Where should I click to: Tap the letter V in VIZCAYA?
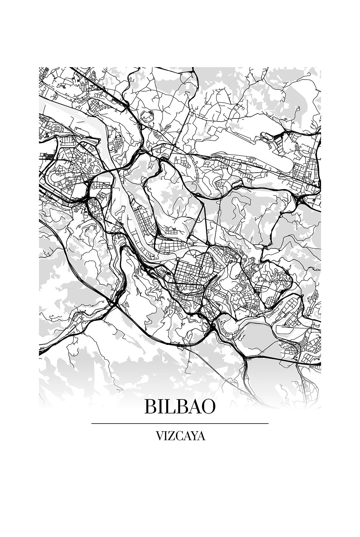pos(160,436)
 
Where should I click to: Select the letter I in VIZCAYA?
pos(166,436)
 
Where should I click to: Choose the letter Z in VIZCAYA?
pos(171,436)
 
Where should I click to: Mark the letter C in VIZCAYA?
pos(178,436)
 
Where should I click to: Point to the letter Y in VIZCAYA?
pos(193,436)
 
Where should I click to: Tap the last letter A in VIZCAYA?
pos(201,436)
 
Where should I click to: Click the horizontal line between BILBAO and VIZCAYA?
pos(180,424)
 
